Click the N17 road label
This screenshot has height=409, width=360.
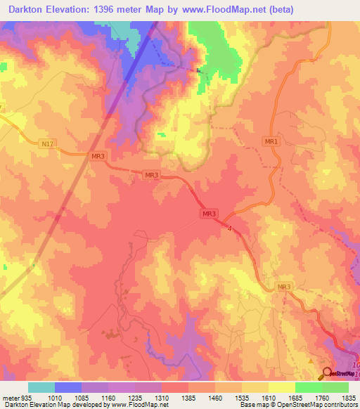pos(47,144)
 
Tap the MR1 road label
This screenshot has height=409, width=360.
pos(271,141)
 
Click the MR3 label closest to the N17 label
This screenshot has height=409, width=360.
pos(98,156)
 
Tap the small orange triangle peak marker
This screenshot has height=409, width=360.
pos(312,361)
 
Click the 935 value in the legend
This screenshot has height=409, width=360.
pos(26,397)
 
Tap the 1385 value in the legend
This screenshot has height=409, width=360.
pos(188,397)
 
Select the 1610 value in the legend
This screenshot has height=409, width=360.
pos(268,397)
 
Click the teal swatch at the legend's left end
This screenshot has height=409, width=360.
pos(41,387)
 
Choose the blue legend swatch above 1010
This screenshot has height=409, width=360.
pos(67,387)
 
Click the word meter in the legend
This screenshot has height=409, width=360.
pos(11,397)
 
